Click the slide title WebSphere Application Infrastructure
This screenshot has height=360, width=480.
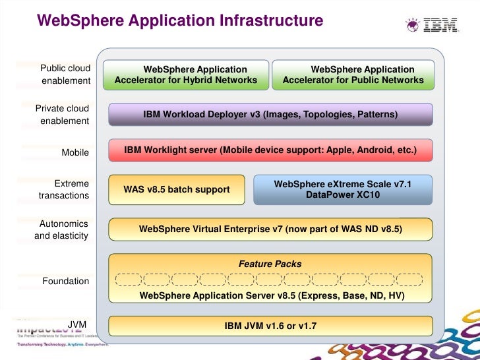tap(180, 21)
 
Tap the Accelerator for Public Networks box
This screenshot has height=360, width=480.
tap(353, 75)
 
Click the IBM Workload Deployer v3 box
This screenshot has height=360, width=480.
tap(270, 114)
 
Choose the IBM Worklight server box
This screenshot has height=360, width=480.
tap(270, 150)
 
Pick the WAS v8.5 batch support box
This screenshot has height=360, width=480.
tap(177, 189)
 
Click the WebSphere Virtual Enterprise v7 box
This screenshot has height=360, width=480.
tap(270, 229)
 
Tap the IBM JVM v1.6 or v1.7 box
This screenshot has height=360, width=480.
tap(270, 326)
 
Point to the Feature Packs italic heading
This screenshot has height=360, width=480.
tap(270, 264)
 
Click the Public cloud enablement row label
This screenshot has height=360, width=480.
tap(65, 75)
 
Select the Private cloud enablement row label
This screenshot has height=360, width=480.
tap(63, 114)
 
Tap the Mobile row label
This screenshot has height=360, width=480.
tap(75, 152)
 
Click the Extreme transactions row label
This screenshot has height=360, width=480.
tap(65, 189)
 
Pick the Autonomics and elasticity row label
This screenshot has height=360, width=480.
tap(62, 229)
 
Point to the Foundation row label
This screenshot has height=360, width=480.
tap(66, 281)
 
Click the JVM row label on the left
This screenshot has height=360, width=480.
tap(78, 324)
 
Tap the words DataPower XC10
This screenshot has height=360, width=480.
tap(343, 195)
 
